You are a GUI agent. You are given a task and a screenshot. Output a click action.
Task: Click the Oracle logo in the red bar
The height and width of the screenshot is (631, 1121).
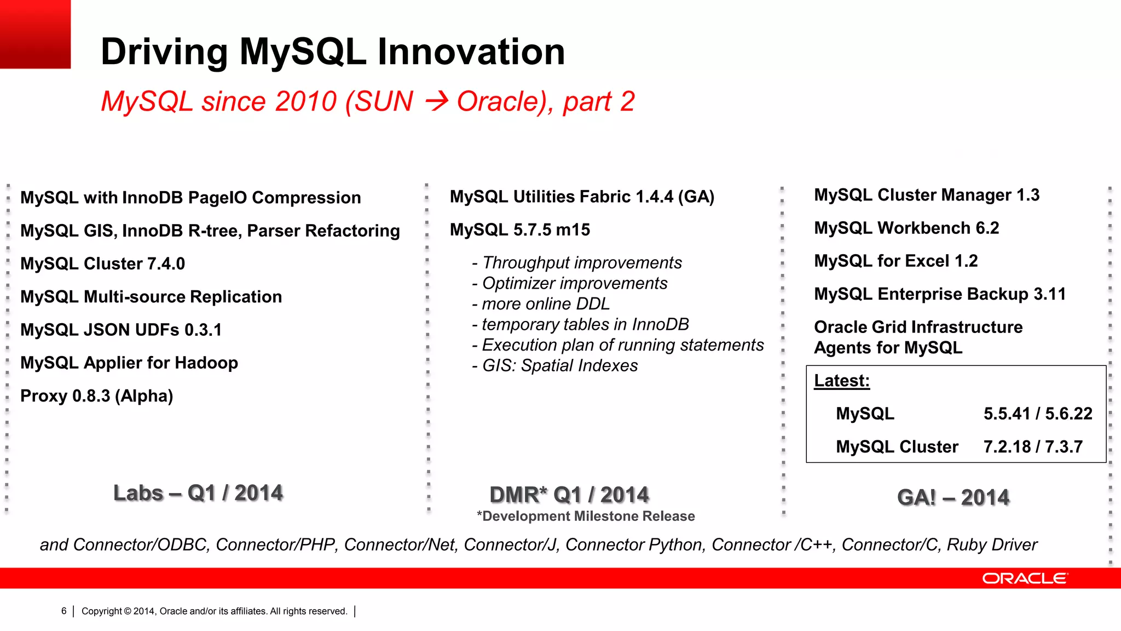coord(1024,578)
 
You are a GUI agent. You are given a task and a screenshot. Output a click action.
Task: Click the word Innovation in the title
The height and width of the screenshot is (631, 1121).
coord(471,52)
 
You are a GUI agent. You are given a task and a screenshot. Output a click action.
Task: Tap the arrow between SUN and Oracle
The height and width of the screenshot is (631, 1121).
coord(437,101)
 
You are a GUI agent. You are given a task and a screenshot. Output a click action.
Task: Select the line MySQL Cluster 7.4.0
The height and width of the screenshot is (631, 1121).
coord(103,264)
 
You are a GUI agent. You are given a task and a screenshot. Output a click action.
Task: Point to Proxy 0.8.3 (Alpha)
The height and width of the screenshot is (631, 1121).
coord(97,396)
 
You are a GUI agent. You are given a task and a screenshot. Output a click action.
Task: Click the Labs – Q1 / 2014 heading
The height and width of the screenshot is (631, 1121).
coord(198,493)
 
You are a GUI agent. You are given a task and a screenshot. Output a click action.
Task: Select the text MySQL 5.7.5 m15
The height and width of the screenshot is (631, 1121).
coord(520,230)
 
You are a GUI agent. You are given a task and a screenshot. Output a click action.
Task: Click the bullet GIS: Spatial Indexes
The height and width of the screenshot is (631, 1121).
coord(555,366)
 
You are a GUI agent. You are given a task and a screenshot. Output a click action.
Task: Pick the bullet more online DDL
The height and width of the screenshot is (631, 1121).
coord(541,304)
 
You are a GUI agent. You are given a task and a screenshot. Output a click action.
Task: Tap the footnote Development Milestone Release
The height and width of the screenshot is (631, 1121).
coord(586,517)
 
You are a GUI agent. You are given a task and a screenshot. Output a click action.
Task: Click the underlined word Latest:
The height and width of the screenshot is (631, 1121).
coord(842,381)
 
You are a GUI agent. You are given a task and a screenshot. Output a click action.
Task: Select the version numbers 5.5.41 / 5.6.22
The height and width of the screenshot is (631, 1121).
coord(1038,414)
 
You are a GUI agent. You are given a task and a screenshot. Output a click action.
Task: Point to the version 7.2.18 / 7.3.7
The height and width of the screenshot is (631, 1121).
coord(1033,447)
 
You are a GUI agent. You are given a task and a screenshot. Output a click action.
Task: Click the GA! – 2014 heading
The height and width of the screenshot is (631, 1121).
coord(953,497)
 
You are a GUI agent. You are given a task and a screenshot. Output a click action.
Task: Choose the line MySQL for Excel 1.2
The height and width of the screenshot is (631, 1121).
coord(896,261)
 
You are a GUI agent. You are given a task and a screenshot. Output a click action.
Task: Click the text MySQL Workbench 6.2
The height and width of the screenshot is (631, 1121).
coord(906,228)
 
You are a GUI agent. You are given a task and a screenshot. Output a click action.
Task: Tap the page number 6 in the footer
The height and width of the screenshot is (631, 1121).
coord(64,611)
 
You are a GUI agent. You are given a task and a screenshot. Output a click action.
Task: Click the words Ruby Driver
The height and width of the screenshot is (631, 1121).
coord(992,545)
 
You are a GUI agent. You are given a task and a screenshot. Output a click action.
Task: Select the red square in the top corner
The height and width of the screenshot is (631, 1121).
coord(35,34)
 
